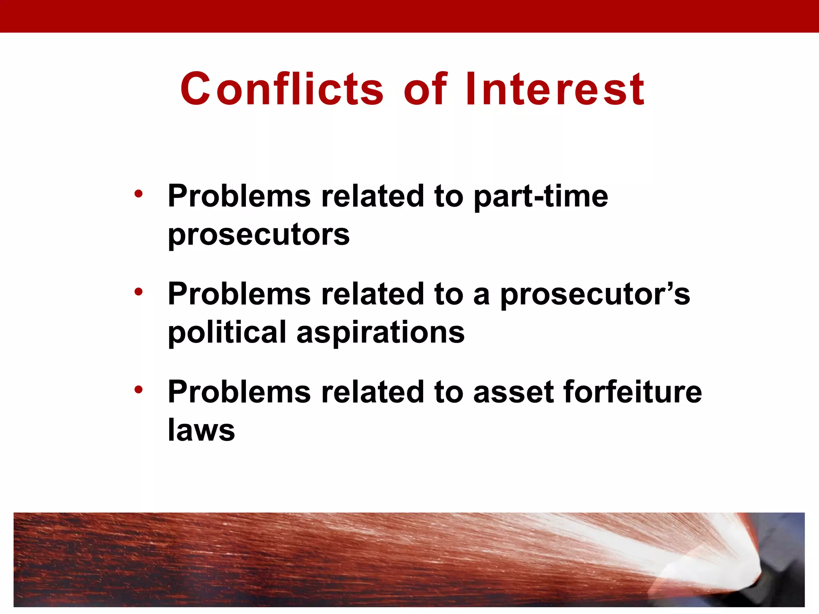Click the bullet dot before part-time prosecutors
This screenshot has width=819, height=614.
138,194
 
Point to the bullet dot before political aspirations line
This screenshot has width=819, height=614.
138,292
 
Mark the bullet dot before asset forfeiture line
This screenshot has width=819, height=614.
138,389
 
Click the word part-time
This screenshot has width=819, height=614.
541,197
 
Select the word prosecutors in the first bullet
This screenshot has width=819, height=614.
259,235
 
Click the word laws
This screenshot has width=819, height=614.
201,430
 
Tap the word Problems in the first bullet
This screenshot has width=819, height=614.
239,197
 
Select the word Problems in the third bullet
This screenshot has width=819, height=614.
239,392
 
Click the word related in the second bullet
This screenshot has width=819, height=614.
372,294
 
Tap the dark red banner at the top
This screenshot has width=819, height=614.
409,16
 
